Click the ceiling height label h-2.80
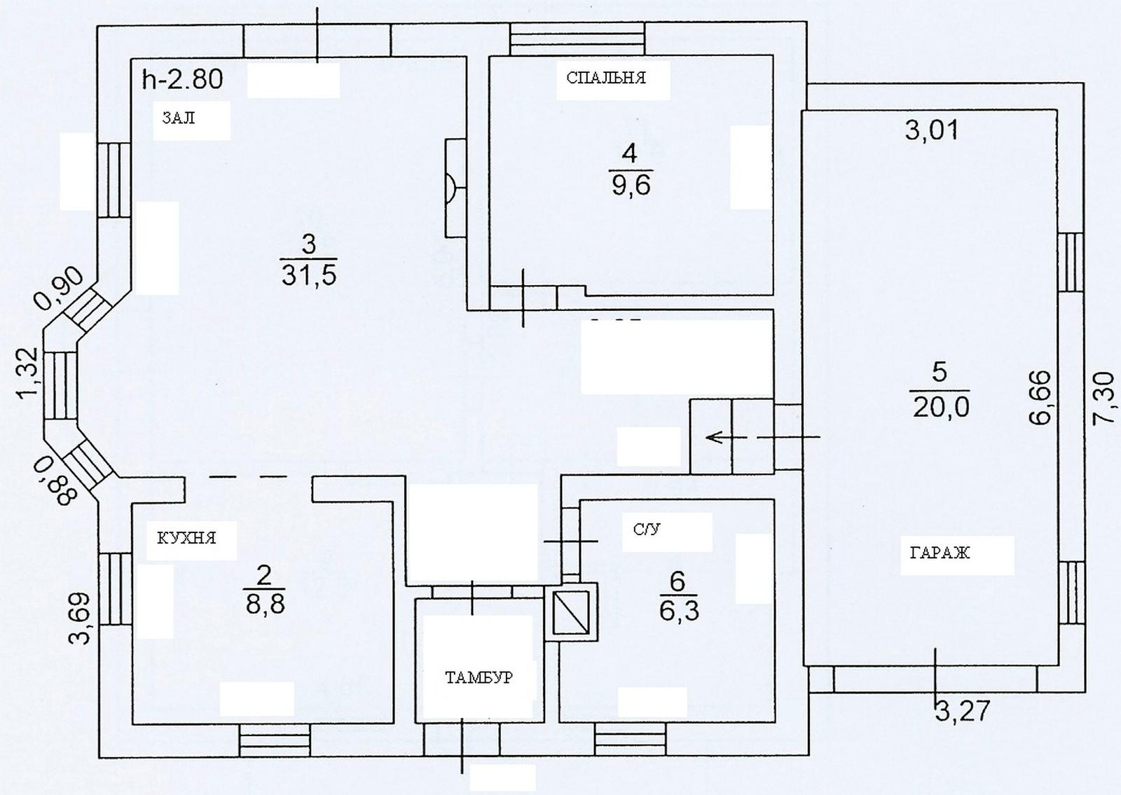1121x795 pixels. pyautogui.click(x=183, y=80)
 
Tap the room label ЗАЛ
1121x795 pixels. pyautogui.click(x=179, y=118)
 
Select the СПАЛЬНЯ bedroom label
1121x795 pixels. pyautogui.click(x=606, y=78)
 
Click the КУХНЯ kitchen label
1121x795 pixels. pyautogui.click(x=186, y=538)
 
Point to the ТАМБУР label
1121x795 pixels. pyautogui.click(x=479, y=677)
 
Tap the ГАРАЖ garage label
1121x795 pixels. pyautogui.click(x=940, y=553)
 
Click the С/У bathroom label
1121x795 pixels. pyautogui.click(x=647, y=530)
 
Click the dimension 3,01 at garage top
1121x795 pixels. pyautogui.click(x=932, y=130)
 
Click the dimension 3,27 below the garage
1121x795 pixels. pyautogui.click(x=963, y=711)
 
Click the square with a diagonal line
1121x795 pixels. pyautogui.click(x=571, y=612)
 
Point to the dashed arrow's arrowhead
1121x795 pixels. pyautogui.click(x=712, y=438)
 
